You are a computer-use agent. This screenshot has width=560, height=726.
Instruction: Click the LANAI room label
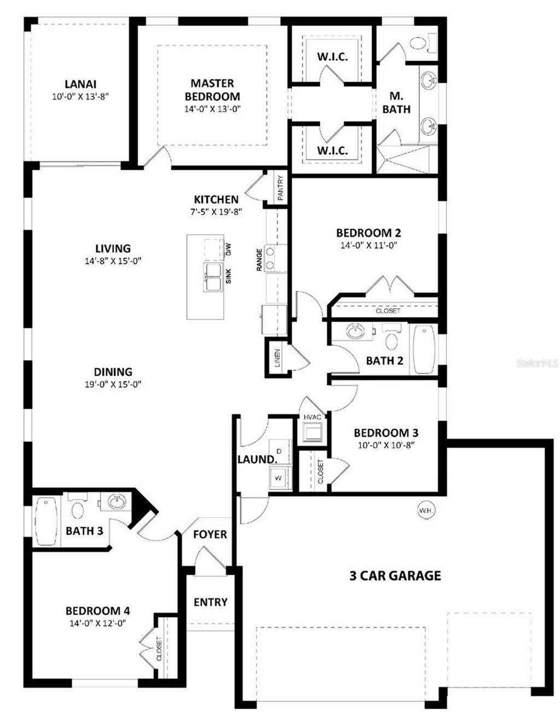pos(80,84)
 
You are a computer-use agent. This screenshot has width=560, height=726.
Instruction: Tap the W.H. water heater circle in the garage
pos(426,510)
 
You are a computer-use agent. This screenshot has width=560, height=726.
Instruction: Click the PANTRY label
pos(280,188)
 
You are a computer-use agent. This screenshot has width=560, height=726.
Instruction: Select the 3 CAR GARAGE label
pos(395,575)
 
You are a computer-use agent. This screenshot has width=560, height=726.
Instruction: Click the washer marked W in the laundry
pos(278,477)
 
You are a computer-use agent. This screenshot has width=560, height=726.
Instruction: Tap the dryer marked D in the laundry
pos(279,451)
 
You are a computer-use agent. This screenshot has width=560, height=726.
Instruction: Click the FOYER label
pos(210,534)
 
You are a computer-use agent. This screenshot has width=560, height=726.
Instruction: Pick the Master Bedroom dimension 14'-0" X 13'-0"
pos(212,108)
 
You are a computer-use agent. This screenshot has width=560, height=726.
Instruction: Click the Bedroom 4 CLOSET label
pos(159,649)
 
